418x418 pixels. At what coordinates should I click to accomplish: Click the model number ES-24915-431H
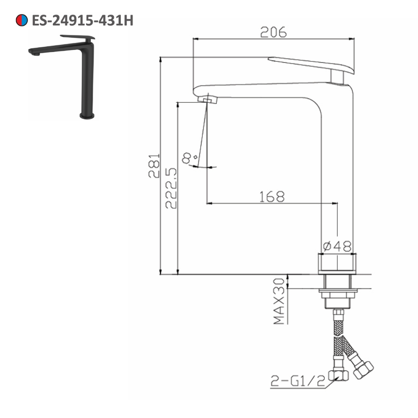(82, 20)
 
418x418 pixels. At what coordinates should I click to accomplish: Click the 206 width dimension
(273, 32)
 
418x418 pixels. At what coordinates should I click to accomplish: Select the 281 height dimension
(154, 166)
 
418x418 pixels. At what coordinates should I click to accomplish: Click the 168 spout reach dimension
(272, 196)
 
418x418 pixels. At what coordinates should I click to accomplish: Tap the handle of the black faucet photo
(78, 37)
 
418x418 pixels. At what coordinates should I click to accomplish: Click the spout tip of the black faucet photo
(34, 52)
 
